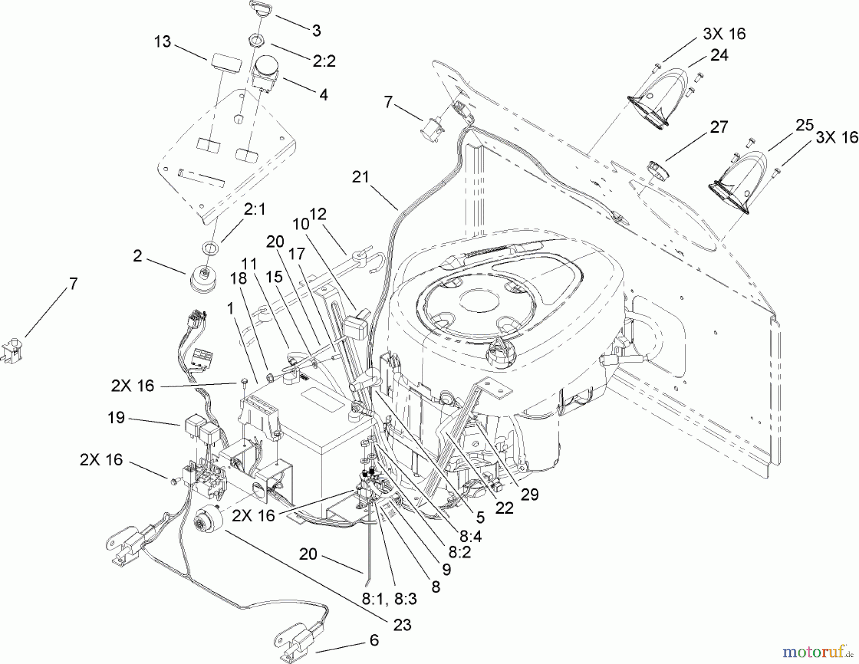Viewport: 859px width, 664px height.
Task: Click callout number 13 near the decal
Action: click(x=162, y=42)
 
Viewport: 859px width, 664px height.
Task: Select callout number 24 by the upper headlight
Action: click(x=719, y=55)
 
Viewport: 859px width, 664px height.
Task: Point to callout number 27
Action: click(x=719, y=127)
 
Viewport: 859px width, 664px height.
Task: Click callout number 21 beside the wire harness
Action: click(x=361, y=177)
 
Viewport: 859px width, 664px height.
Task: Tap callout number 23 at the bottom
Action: click(x=402, y=624)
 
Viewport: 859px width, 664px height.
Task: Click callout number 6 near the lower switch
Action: click(x=374, y=640)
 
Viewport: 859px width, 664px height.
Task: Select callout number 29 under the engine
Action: click(x=529, y=494)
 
